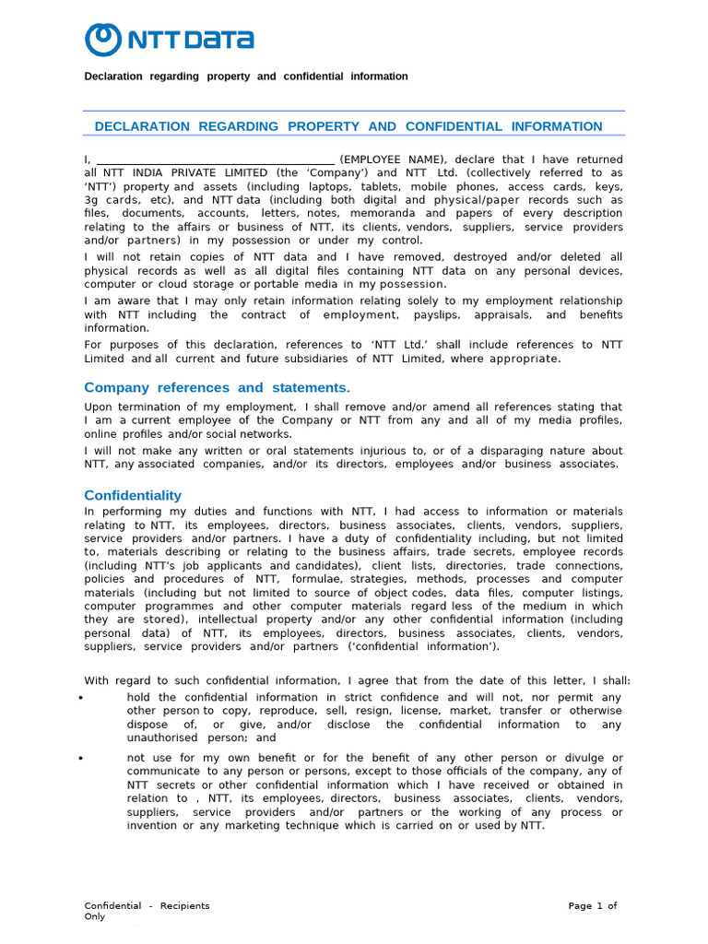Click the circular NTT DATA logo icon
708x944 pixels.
pyautogui.click(x=102, y=40)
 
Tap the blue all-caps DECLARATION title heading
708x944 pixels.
pyautogui.click(x=348, y=126)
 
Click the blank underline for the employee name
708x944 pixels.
pyautogui.click(x=215, y=159)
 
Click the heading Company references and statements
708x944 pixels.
pyautogui.click(x=217, y=387)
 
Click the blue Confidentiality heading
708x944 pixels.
pyautogui.click(x=133, y=495)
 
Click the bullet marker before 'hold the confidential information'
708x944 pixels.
pyautogui.click(x=82, y=698)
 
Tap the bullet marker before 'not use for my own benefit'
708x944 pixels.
pyautogui.click(x=82, y=758)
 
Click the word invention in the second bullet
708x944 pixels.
pyautogui.click(x=155, y=826)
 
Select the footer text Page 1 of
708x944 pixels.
pyautogui.click(x=592, y=906)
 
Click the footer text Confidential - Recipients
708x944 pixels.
pyautogui.click(x=147, y=906)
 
